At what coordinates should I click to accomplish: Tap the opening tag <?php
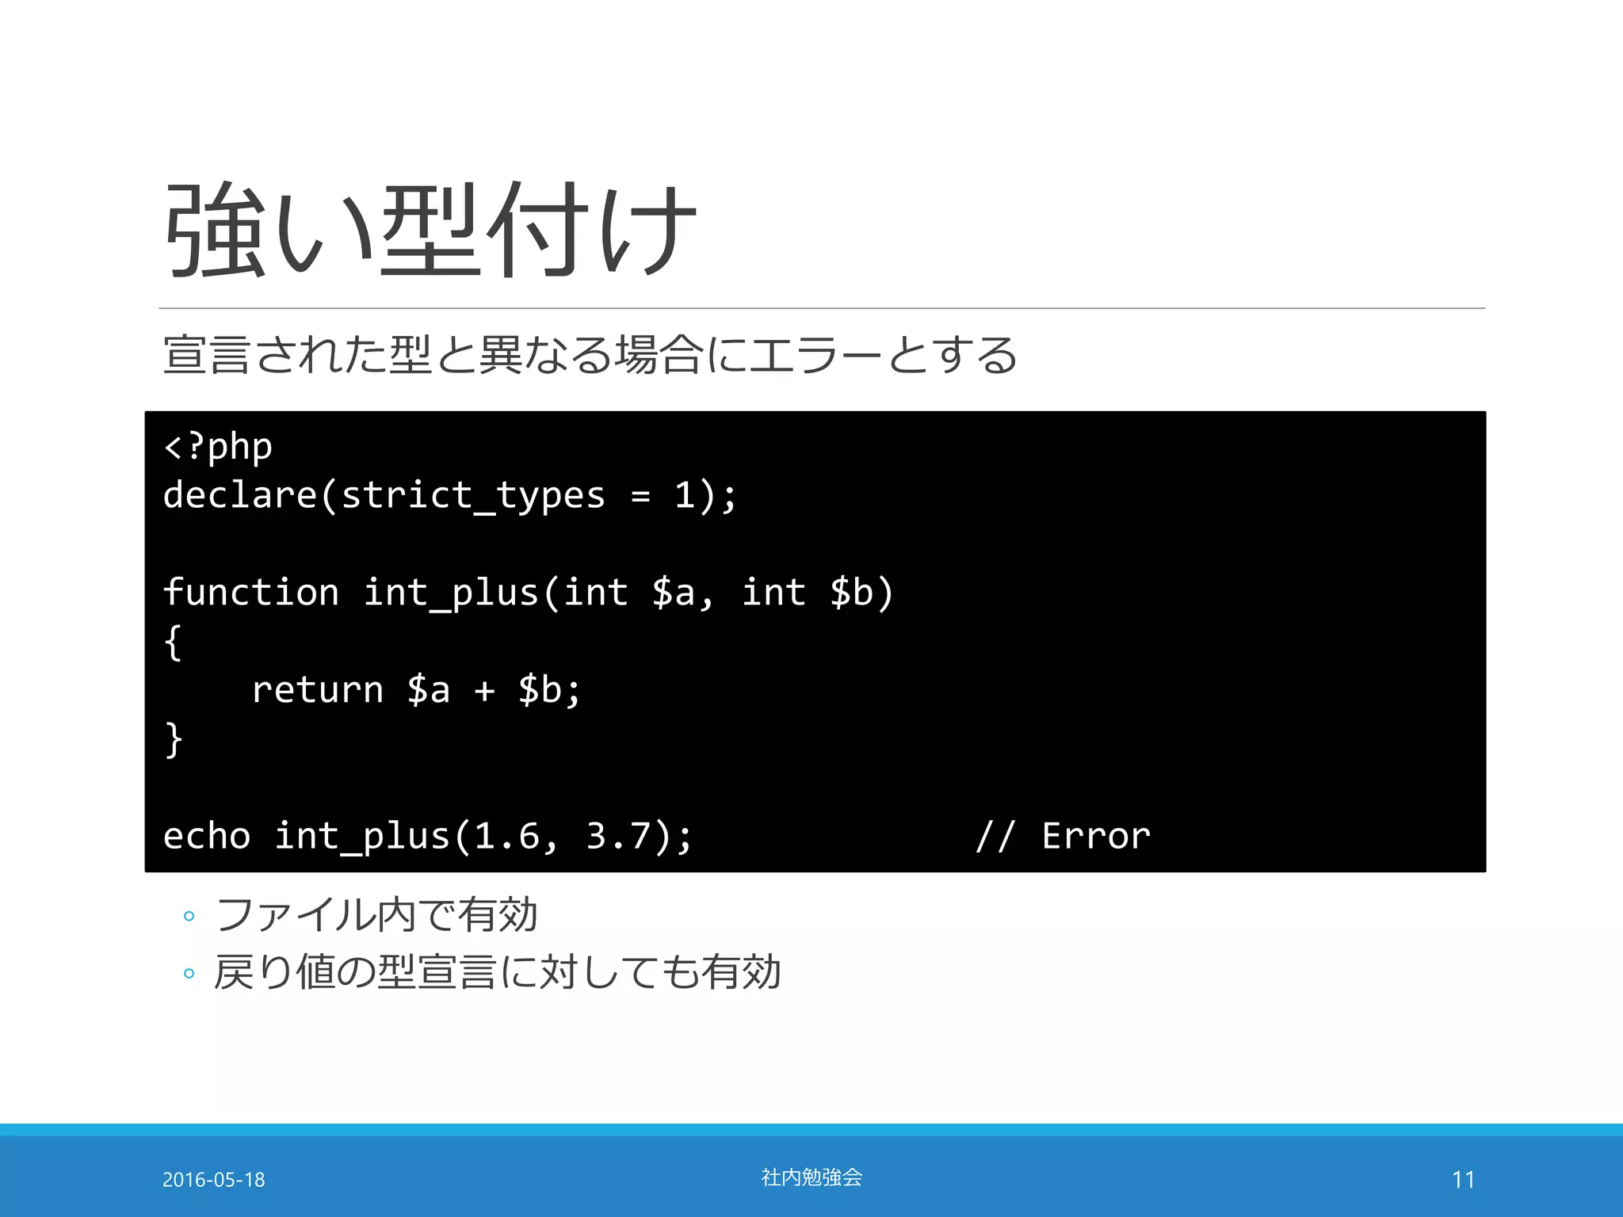point(218,447)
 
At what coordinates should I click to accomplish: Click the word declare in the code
point(240,495)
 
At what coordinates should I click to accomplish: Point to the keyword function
point(251,593)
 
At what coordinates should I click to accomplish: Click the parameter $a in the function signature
point(674,593)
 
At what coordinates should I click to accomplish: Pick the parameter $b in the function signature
point(851,593)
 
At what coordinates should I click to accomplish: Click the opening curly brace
point(173,642)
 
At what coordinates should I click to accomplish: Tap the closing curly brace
point(173,739)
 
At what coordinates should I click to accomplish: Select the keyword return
point(318,690)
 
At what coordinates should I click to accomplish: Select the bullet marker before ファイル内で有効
point(189,917)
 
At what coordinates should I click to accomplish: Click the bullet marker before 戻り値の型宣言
point(189,973)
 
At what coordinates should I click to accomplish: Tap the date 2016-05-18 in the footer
point(214,1180)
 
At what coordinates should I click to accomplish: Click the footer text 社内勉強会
point(811,1177)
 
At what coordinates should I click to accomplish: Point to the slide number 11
point(1463,1180)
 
